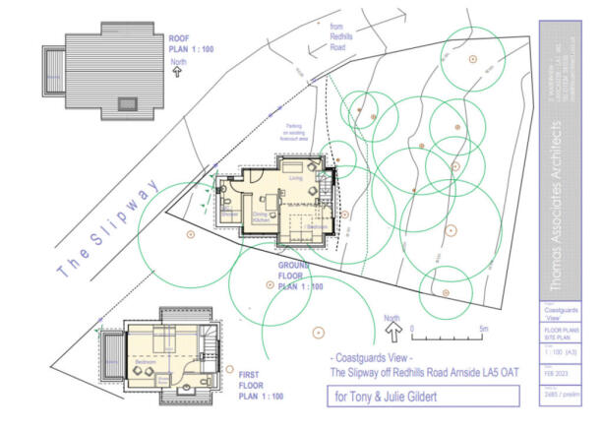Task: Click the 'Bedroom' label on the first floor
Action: click(x=146, y=363)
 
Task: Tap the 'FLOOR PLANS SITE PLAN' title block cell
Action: click(x=556, y=335)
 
